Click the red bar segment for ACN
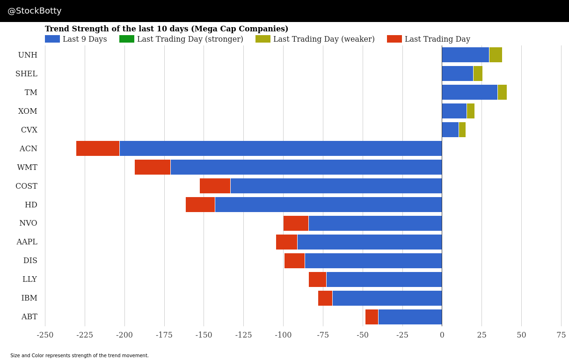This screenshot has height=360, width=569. coord(97,148)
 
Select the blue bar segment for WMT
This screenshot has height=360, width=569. coord(306,167)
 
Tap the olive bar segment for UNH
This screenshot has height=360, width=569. coord(496,55)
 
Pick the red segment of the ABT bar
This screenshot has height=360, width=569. coord(372,317)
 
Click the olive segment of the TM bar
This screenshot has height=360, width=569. coord(502,92)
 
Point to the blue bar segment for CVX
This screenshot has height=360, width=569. coord(450,130)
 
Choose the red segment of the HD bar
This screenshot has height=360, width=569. coord(200,205)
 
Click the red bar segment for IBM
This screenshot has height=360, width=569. coord(325,298)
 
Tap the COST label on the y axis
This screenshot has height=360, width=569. coord(26,186)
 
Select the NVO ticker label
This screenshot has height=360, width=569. coord(28,223)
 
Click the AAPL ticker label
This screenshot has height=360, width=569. coord(27,242)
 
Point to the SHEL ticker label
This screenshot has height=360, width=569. coord(26,73)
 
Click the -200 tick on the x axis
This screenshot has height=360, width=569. coord(124,335)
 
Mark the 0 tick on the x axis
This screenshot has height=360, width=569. coord(442,335)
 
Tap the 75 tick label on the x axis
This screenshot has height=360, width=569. coord(561,335)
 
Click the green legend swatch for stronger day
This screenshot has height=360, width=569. coord(126,39)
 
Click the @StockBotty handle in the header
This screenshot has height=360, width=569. coord(35,11)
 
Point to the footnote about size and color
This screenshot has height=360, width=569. coord(80,356)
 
